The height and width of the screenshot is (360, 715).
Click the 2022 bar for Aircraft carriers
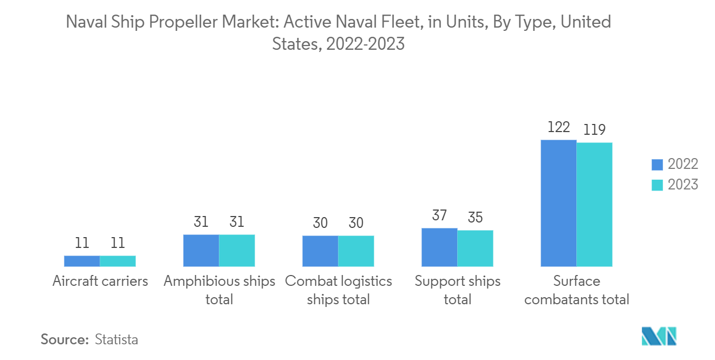pyautogui.click(x=82, y=261)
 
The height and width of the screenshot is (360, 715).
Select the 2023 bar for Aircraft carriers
pyautogui.click(x=118, y=261)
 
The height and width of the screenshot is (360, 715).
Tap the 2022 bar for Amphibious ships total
pyautogui.click(x=201, y=251)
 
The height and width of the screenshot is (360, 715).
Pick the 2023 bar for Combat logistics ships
pyautogui.click(x=356, y=251)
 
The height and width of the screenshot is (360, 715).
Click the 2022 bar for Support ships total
pyautogui.click(x=439, y=247)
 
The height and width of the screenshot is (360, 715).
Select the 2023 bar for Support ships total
pyautogui.click(x=475, y=248)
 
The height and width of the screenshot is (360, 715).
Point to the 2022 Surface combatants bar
pyautogui.click(x=558, y=203)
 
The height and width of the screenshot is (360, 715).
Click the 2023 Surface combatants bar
pyautogui.click(x=594, y=205)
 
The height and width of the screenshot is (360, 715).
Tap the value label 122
pyautogui.click(x=558, y=127)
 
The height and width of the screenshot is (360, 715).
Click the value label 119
pyautogui.click(x=594, y=130)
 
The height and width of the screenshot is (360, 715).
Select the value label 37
pyautogui.click(x=439, y=215)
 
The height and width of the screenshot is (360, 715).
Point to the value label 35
pyautogui.click(x=475, y=218)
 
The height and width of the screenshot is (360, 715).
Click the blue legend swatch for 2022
pyautogui.click(x=657, y=165)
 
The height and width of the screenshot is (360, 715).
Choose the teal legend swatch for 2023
pyautogui.click(x=657, y=185)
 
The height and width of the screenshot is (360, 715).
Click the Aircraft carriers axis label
pyautogui.click(x=100, y=282)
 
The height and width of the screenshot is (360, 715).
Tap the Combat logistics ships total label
pyautogui.click(x=339, y=290)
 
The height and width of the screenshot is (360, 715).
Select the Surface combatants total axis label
pyautogui.click(x=577, y=290)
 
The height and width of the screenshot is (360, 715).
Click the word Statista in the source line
pyautogui.click(x=116, y=339)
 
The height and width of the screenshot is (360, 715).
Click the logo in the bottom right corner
pyautogui.click(x=659, y=336)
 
